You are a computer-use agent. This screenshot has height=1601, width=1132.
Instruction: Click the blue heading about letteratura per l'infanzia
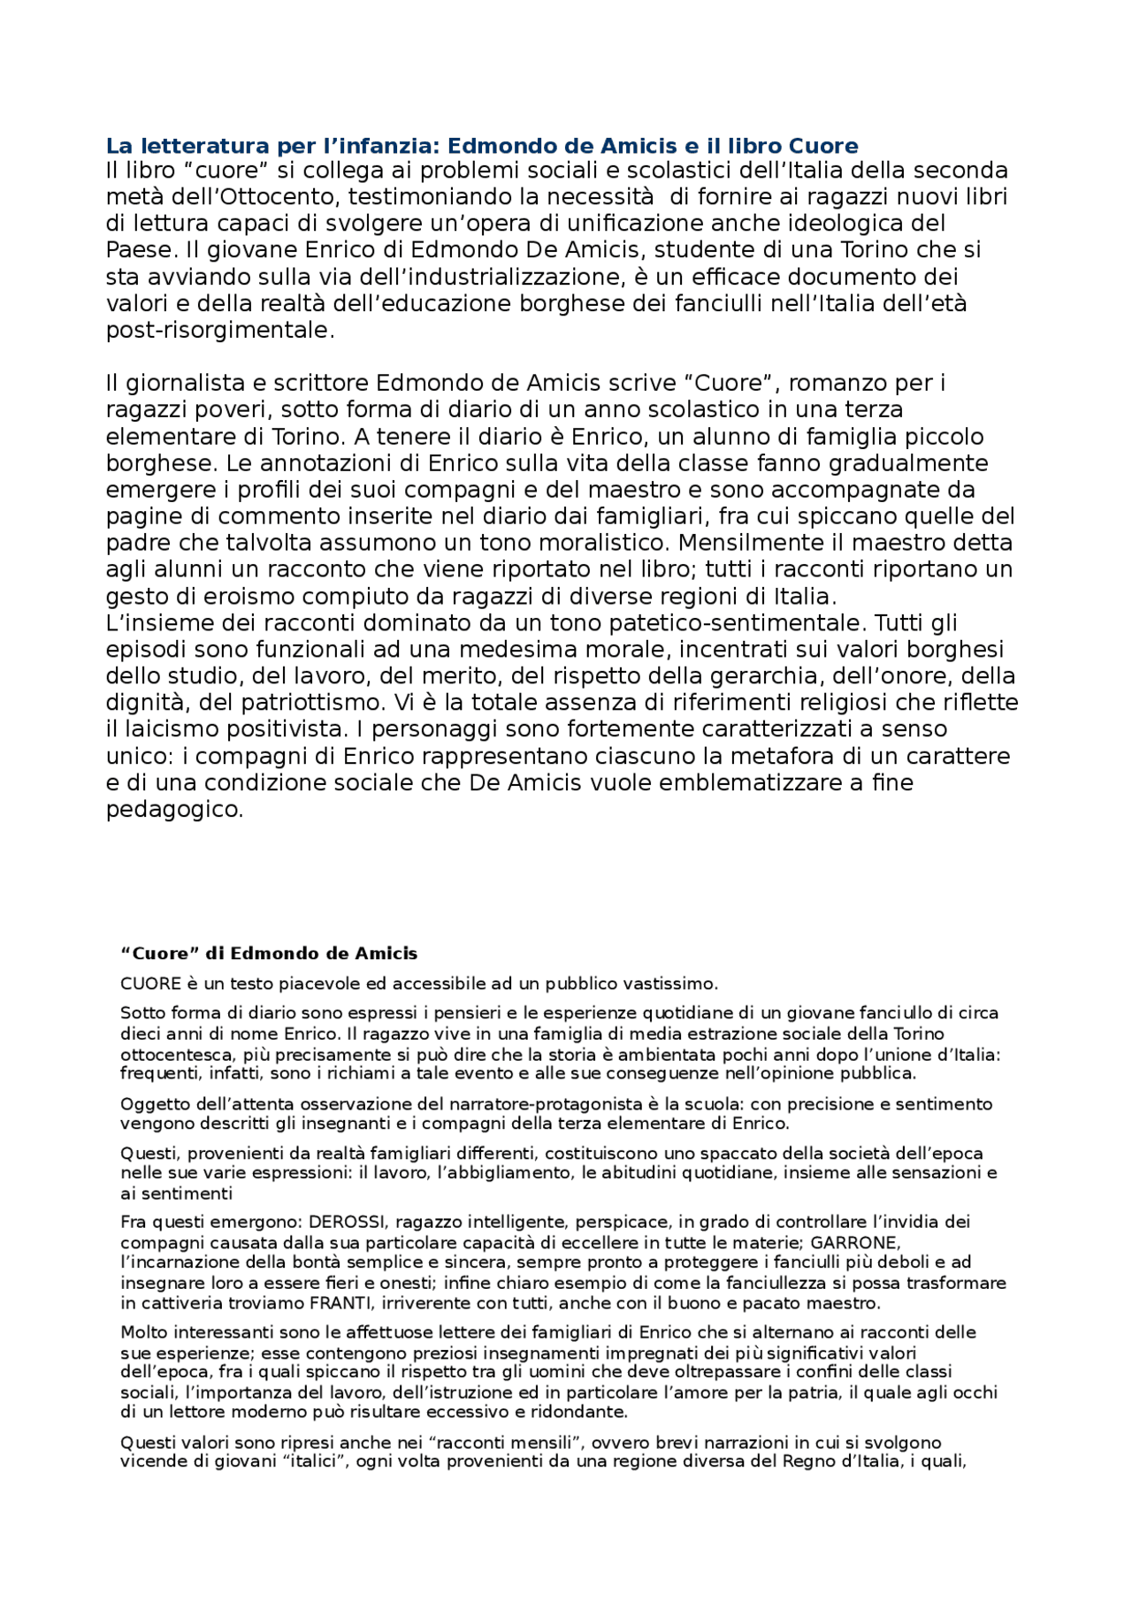pos(482,146)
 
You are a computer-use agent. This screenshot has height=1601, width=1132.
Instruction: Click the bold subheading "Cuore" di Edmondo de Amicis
pos(269,954)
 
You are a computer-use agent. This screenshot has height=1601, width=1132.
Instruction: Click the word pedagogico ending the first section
pos(173,810)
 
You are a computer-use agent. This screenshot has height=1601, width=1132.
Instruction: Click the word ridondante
pos(579,1412)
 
